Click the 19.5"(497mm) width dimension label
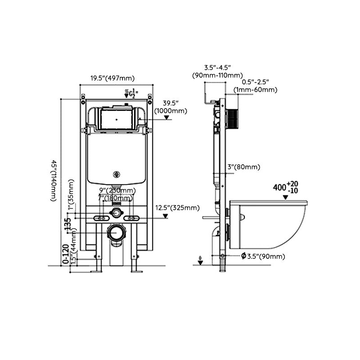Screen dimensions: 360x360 click(x=112, y=78)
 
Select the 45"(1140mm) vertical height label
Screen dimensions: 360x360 click(x=54, y=180)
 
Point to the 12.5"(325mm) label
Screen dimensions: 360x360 click(x=177, y=207)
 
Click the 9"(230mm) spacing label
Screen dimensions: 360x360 click(x=117, y=190)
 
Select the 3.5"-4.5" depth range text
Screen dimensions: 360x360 click(x=217, y=67)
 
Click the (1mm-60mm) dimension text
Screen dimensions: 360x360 click(x=255, y=90)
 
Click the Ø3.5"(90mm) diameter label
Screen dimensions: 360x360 click(x=263, y=256)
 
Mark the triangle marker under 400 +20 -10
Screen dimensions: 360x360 click(x=285, y=197)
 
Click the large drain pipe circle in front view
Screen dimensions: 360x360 click(x=117, y=233)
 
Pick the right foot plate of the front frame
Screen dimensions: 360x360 click(x=136, y=271)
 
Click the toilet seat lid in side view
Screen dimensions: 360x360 click(x=268, y=203)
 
